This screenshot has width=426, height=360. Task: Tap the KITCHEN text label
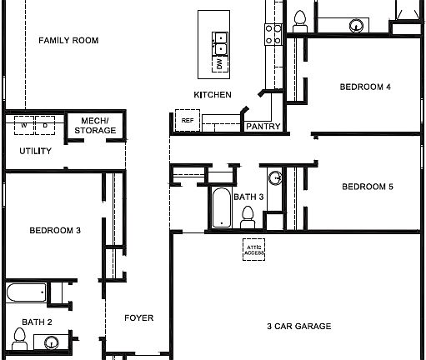point(213,95)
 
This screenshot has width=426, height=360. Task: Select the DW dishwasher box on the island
point(219,64)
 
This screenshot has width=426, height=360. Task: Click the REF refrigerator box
point(186,121)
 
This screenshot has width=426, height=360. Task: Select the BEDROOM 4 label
point(365,87)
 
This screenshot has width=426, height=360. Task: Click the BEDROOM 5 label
point(367,187)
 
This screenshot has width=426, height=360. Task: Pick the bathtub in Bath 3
point(221,208)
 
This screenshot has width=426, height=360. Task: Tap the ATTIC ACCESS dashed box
point(254,250)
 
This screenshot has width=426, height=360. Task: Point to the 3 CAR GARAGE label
point(299,326)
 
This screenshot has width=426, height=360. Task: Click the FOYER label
point(138,317)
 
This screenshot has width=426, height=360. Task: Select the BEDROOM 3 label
point(54,230)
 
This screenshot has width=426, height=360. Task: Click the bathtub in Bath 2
point(25,292)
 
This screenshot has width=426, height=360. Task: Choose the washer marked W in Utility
point(24,127)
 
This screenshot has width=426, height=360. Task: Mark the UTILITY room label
point(36,151)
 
